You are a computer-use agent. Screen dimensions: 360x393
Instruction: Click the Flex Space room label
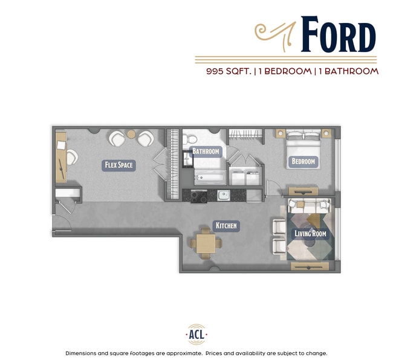point(118,164)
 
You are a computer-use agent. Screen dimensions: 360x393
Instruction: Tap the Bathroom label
point(206,151)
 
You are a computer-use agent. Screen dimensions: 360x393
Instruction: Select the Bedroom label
point(303,161)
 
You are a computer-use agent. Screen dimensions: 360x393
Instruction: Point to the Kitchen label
point(227,226)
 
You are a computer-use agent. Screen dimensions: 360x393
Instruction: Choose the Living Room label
point(310,234)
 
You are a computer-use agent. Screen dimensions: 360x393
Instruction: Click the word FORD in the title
point(338,36)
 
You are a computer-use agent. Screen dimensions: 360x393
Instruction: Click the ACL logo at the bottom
point(196,334)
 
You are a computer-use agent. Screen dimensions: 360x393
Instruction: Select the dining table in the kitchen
point(204,243)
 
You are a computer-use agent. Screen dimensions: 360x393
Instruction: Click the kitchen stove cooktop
point(199,195)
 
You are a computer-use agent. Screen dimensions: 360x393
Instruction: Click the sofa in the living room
point(309,204)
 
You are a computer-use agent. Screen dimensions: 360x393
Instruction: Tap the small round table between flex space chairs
point(131,134)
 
